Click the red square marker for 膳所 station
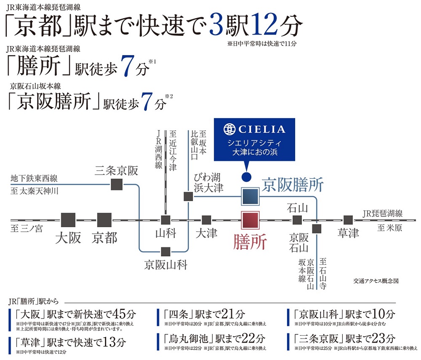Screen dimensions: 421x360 tap(250, 220)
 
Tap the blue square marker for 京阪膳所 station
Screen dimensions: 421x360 tap(250, 197)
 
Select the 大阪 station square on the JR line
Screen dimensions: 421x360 tap(68, 220)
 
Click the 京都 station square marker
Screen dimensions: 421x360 tap(104, 220)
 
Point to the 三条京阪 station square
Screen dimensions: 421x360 tap(117, 185)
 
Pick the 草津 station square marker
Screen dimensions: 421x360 tap(348, 220)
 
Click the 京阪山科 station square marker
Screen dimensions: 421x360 tap(165, 251)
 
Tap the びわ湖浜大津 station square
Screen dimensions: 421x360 tap(188, 196)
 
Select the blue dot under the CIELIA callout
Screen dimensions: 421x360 tap(246, 177)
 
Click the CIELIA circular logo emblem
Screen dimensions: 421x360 tap(229, 129)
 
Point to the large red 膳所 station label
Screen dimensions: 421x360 tap(250, 242)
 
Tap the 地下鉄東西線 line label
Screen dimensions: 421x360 tap(34, 178)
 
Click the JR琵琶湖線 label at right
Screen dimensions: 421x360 tap(383, 214)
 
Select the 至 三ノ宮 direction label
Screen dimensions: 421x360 tap(27, 229)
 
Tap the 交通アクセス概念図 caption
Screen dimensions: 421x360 tap(376, 281)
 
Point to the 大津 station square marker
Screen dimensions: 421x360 tap(206, 220)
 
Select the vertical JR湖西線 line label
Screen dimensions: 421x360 tap(159, 149)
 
